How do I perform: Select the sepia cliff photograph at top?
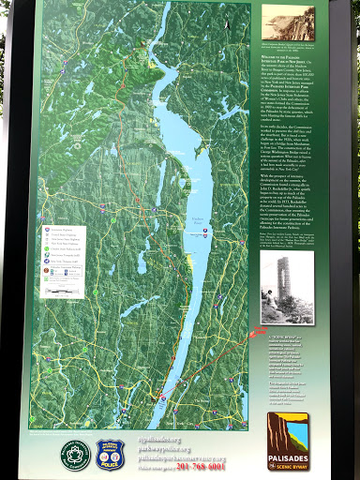point(288,22)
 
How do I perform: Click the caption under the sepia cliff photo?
point(288,45)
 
